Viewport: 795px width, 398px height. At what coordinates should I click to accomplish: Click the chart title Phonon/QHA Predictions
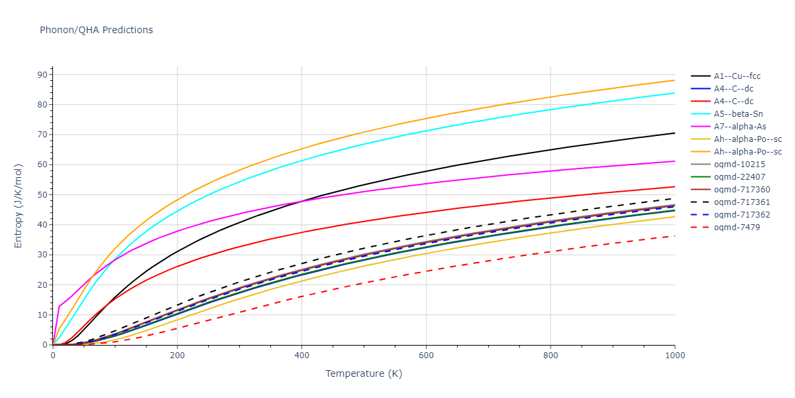tap(96, 30)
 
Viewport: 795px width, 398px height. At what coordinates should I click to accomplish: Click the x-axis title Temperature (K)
tap(364, 373)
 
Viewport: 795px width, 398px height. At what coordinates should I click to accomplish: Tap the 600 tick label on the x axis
tap(426, 356)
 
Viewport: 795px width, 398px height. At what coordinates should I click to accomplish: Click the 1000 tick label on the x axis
tap(674, 356)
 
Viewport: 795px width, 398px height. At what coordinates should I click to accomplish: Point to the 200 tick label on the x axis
tap(177, 356)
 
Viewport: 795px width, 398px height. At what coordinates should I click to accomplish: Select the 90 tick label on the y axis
tap(42, 74)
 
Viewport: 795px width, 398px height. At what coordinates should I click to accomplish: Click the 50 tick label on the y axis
tap(42, 194)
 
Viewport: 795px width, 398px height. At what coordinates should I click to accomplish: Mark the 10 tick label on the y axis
tap(42, 315)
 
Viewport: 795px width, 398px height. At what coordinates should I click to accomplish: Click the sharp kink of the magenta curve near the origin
tap(59, 306)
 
